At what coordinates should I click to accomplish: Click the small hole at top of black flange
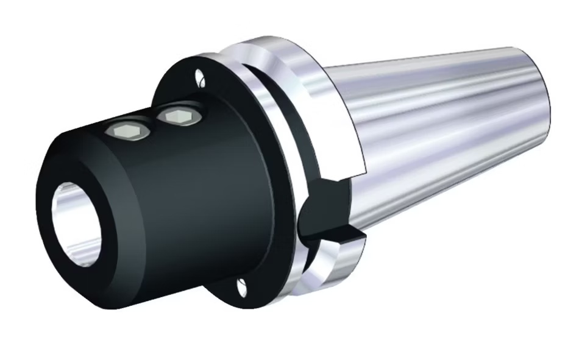click(x=199, y=77)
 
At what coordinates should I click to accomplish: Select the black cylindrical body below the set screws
click(x=201, y=201)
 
